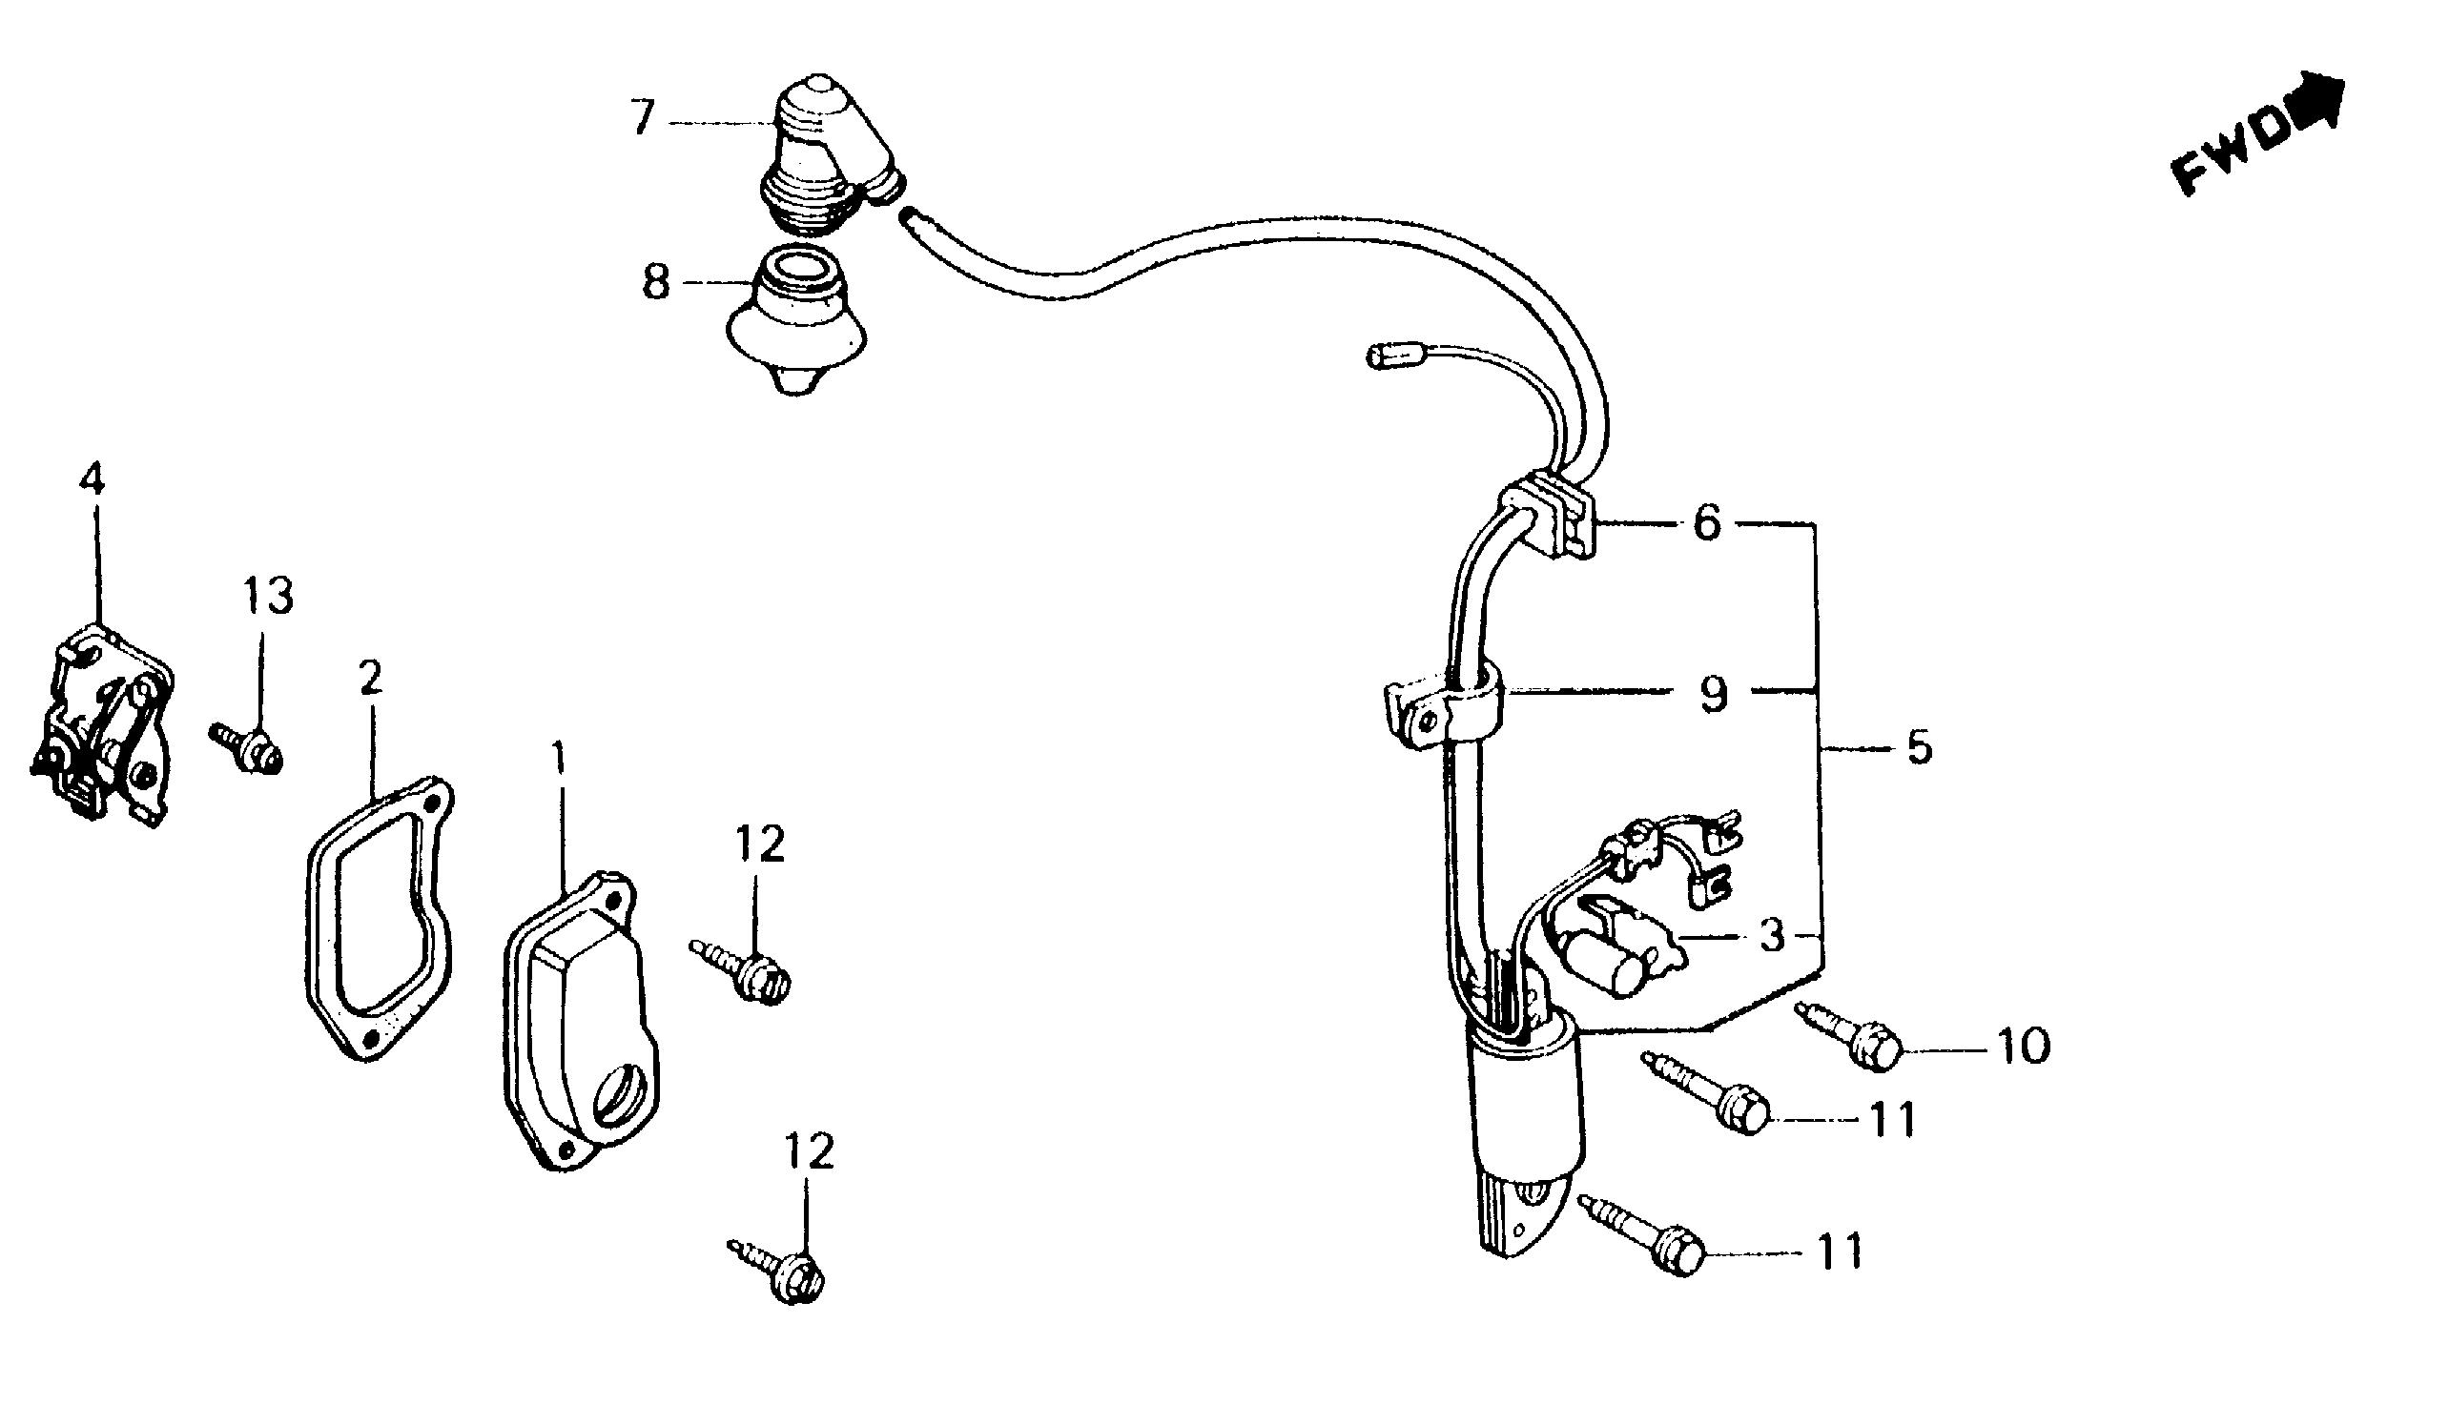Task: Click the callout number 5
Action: click(1920, 748)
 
